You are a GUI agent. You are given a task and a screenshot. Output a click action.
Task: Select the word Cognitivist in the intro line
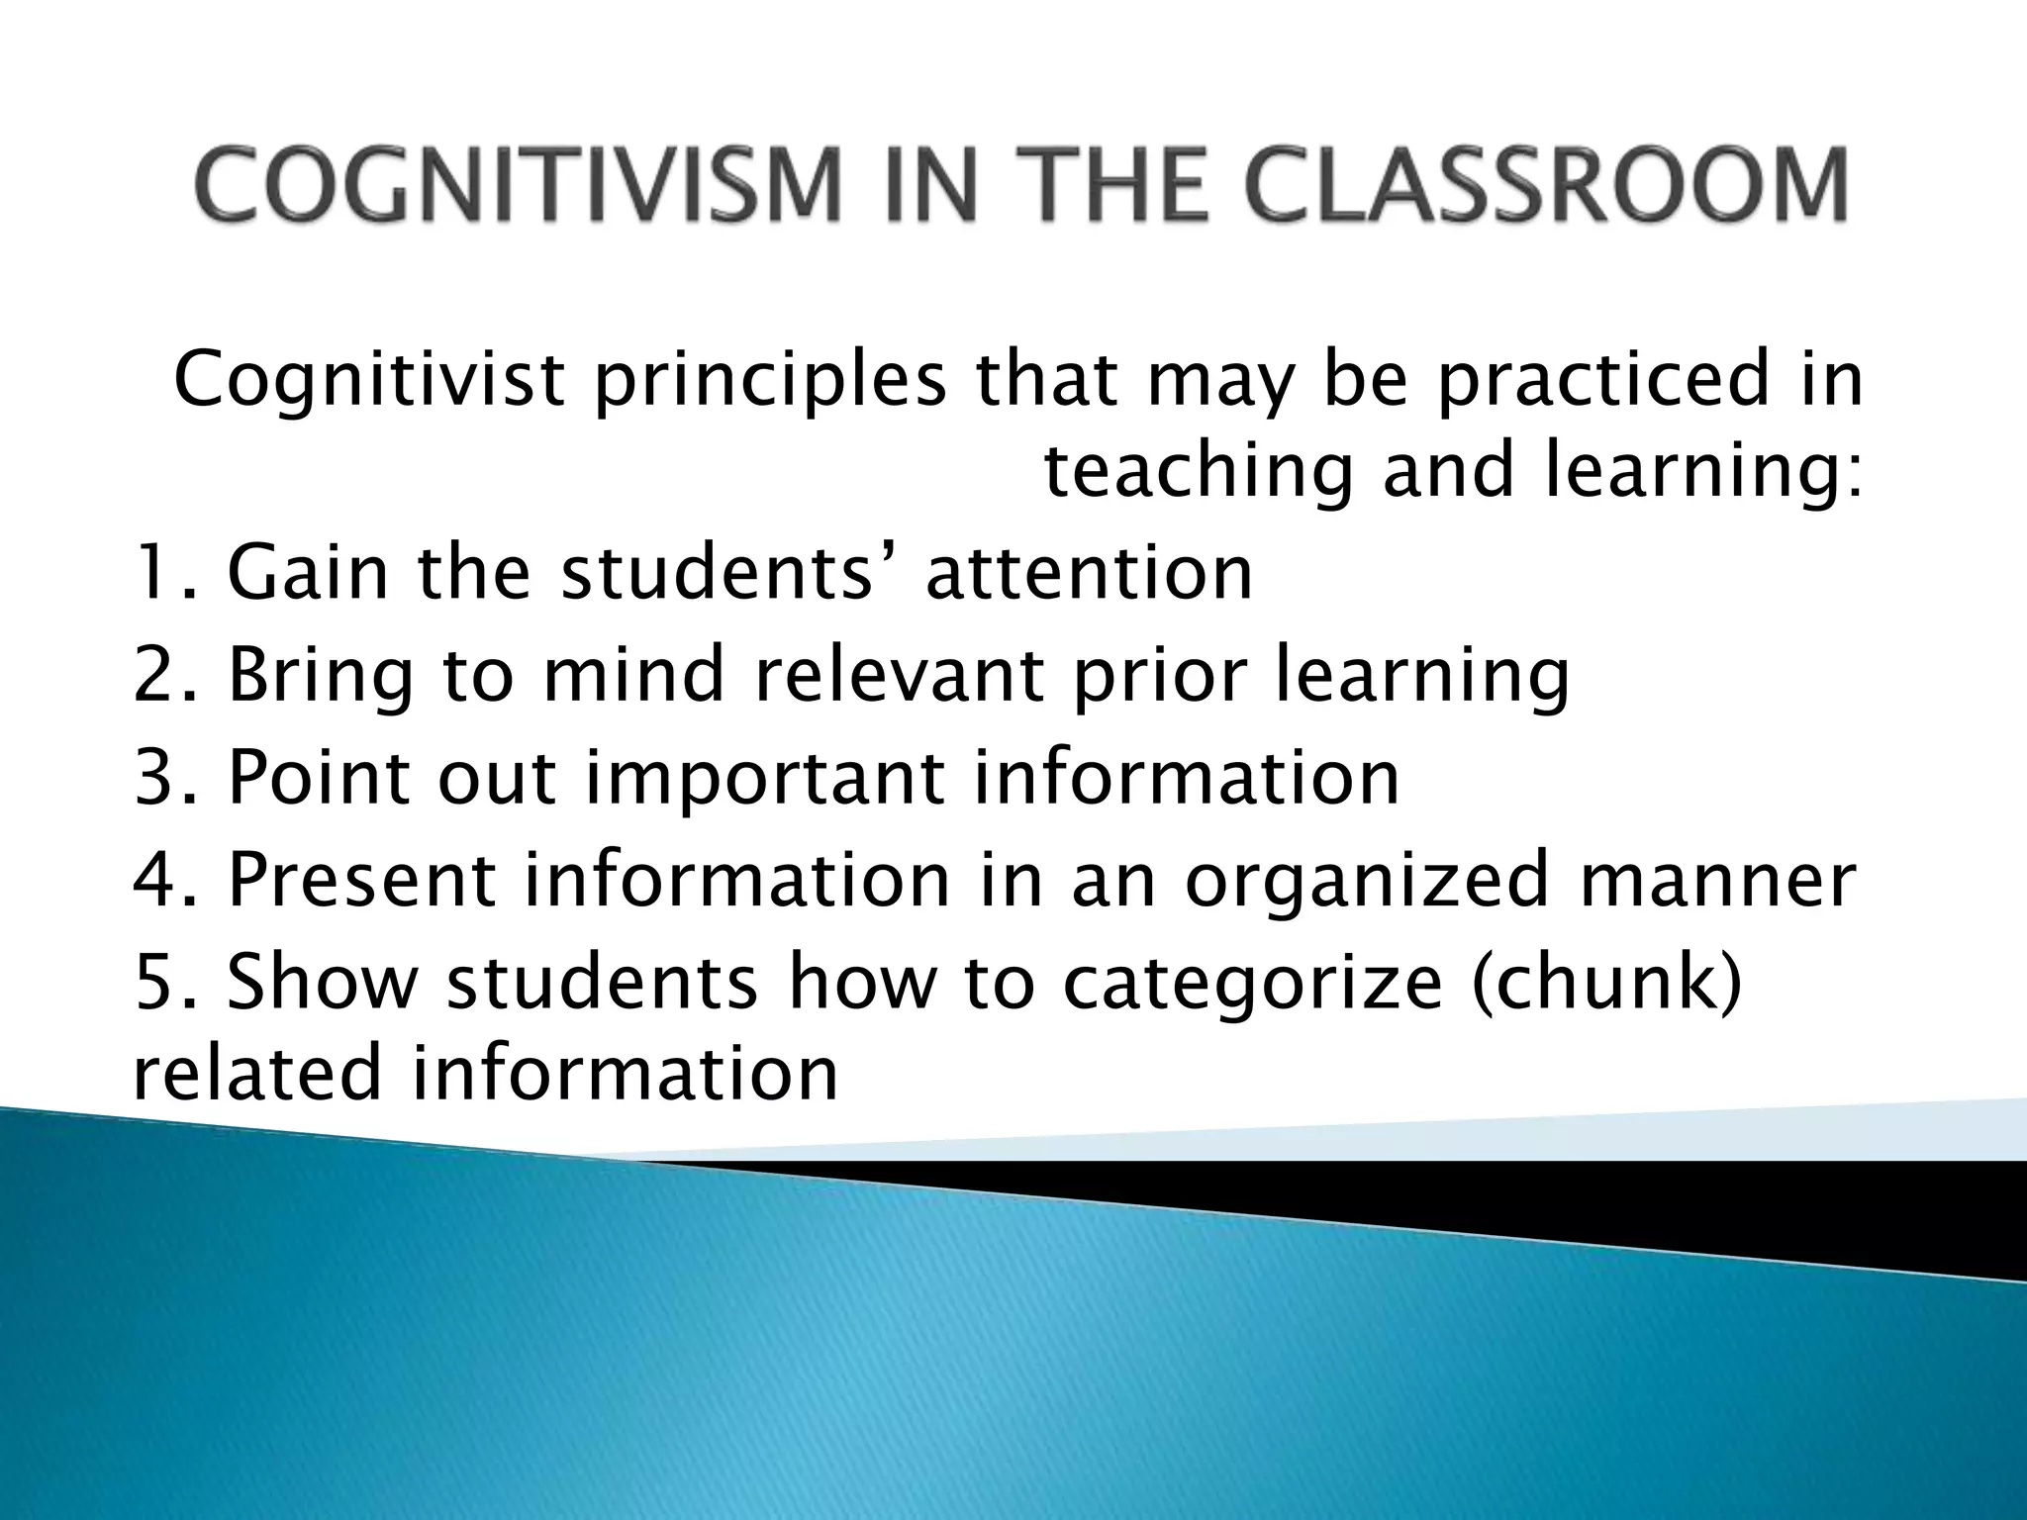coord(369,380)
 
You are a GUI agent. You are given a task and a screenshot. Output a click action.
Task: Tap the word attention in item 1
coord(1089,573)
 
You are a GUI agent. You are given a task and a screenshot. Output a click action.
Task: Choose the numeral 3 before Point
coord(154,778)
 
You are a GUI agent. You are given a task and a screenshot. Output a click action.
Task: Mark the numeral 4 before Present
coord(154,880)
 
